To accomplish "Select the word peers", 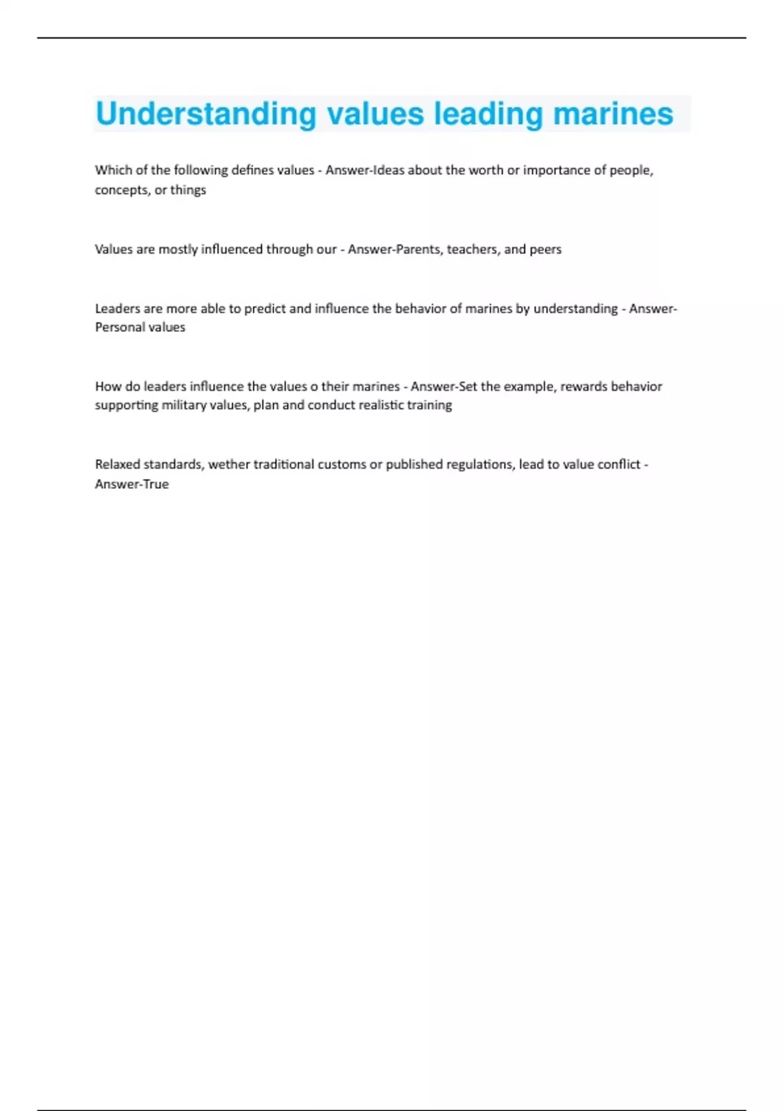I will point(546,249).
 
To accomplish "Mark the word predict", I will point(265,308).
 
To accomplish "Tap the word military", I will point(184,405).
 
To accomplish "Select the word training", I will point(429,405).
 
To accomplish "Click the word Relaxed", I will point(116,464).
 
